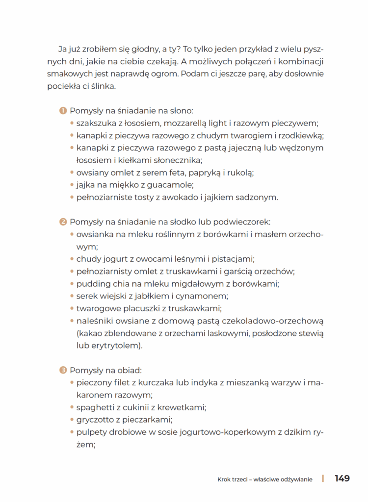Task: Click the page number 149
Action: [342, 478]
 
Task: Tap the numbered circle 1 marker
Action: [63, 111]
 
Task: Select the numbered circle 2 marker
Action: [63, 222]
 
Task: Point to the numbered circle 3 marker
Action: [63, 370]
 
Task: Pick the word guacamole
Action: [172, 185]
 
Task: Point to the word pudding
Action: [92, 284]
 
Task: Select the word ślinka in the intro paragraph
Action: [102, 86]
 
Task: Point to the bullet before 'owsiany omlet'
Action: [72, 173]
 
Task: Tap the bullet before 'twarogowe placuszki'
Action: [72, 309]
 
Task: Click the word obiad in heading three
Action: [129, 370]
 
